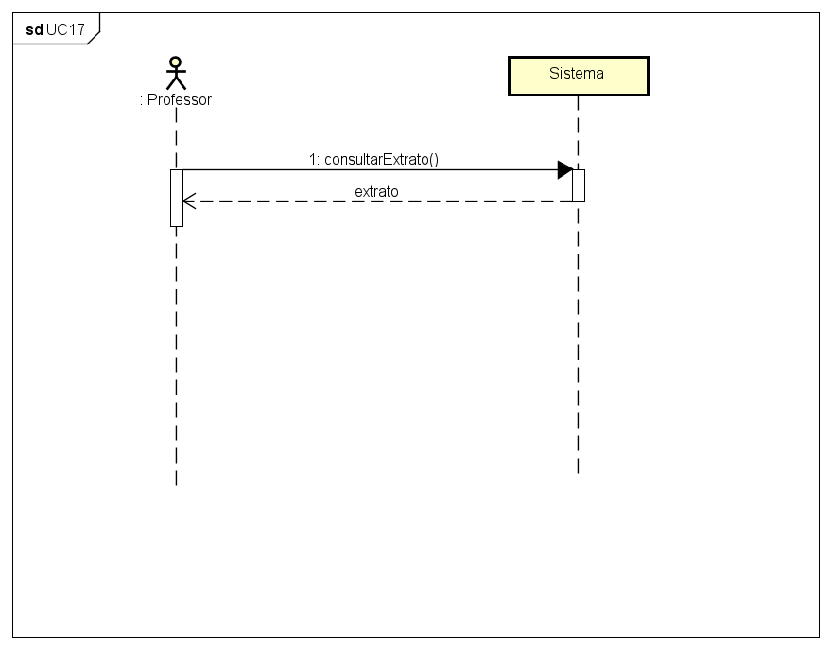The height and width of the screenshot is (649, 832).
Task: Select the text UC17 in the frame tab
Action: click(65, 29)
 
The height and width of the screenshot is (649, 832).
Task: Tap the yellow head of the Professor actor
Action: click(175, 62)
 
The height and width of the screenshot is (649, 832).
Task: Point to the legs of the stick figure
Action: click(176, 84)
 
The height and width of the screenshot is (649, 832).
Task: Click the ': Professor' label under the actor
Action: click(175, 99)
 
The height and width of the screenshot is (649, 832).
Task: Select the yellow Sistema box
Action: click(578, 76)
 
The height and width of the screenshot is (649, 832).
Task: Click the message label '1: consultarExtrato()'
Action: click(373, 159)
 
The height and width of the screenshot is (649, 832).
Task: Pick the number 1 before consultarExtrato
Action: click(312, 159)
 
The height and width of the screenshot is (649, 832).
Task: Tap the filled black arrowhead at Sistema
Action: click(564, 170)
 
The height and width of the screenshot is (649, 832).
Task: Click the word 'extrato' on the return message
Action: click(376, 191)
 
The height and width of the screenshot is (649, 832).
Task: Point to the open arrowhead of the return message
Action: click(188, 201)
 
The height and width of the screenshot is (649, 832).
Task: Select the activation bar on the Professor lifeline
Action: click(176, 198)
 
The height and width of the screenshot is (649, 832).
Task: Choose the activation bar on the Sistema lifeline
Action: click(578, 184)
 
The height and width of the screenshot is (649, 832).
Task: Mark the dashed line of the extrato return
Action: click(378, 201)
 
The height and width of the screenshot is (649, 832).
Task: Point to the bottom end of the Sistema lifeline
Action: click(578, 471)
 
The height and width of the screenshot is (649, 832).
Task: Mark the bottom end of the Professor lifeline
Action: click(176, 483)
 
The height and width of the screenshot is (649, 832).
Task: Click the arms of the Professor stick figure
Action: click(175, 72)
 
